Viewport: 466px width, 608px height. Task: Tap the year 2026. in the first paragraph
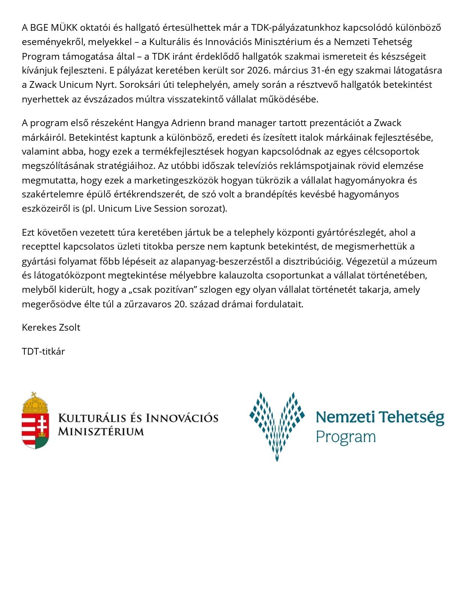coord(259,71)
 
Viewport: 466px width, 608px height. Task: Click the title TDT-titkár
coord(43,352)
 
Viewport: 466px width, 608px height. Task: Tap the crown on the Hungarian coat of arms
coord(35,403)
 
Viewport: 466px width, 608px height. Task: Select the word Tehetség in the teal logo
coord(412,417)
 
